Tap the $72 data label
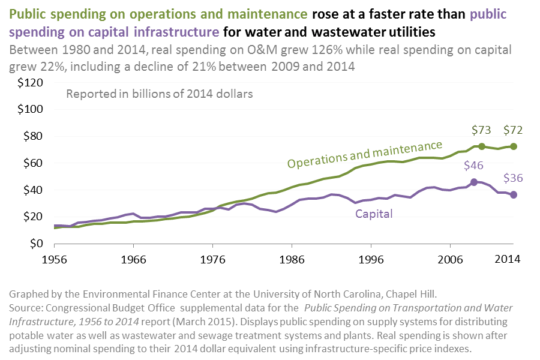pos(514,130)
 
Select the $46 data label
pos(474,166)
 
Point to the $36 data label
pos(514,178)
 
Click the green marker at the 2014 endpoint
pos(514,146)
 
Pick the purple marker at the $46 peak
pos(474,182)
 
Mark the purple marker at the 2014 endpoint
pos(514,195)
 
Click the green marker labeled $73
pos(482,146)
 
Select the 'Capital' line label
pos(374,213)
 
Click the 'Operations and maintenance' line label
pos(365,154)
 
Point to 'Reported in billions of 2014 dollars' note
pos(160,94)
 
